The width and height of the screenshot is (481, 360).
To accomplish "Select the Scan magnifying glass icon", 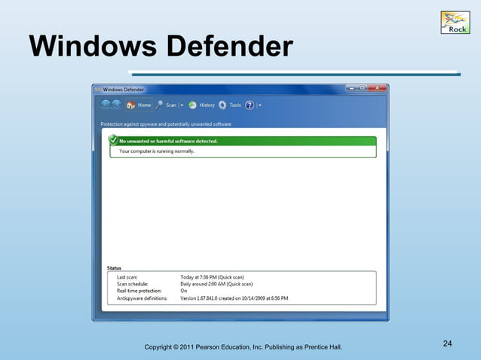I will click(x=160, y=105).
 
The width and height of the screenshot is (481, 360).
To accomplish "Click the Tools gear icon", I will click(x=225, y=105).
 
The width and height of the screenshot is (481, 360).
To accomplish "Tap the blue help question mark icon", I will click(x=250, y=105).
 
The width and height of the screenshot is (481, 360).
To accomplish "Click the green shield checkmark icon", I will click(x=113, y=140).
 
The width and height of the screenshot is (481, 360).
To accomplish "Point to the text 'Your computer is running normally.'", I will click(x=157, y=151).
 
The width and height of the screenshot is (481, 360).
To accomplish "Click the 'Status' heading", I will click(x=114, y=267).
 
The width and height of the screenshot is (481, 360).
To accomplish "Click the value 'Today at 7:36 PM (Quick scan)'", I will click(x=212, y=277).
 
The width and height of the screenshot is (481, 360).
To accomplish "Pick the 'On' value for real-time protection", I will click(x=183, y=291).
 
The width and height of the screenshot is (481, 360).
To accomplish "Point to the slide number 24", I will click(x=447, y=344).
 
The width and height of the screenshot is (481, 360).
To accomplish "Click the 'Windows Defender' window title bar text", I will click(x=124, y=89).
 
